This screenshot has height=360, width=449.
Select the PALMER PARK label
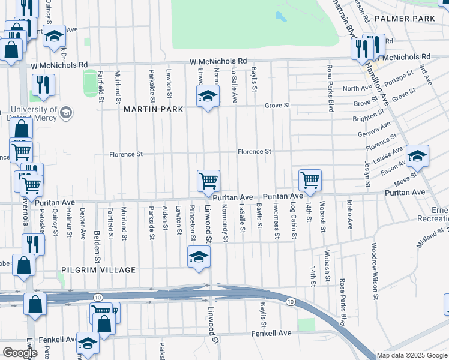click(x=404, y=19)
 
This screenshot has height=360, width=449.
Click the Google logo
click(x=20, y=353)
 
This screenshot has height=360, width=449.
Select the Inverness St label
click(x=276, y=220)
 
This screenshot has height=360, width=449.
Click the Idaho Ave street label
click(x=349, y=215)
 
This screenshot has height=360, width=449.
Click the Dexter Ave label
click(x=82, y=223)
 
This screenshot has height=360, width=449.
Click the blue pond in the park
click(x=280, y=16)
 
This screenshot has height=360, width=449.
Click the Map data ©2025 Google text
click(x=412, y=355)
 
